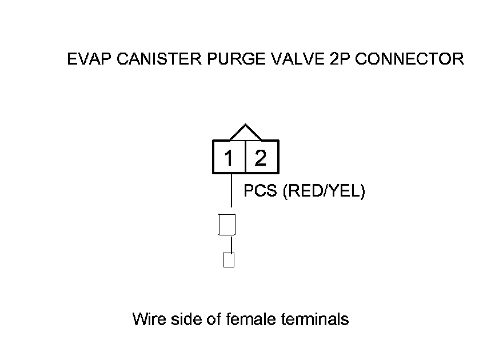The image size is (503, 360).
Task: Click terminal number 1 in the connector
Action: click(x=229, y=158)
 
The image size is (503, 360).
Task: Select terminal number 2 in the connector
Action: click(x=261, y=158)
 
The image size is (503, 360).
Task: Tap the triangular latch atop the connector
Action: click(x=245, y=133)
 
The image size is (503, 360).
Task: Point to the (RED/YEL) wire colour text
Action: click(x=324, y=191)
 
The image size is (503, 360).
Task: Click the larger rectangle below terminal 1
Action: click(x=227, y=225)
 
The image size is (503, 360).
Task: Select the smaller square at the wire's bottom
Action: click(x=229, y=260)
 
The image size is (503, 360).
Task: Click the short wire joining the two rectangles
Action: click(x=231, y=244)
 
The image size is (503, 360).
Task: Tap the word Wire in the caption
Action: click(x=148, y=319)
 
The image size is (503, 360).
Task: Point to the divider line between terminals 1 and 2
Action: click(x=245, y=157)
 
